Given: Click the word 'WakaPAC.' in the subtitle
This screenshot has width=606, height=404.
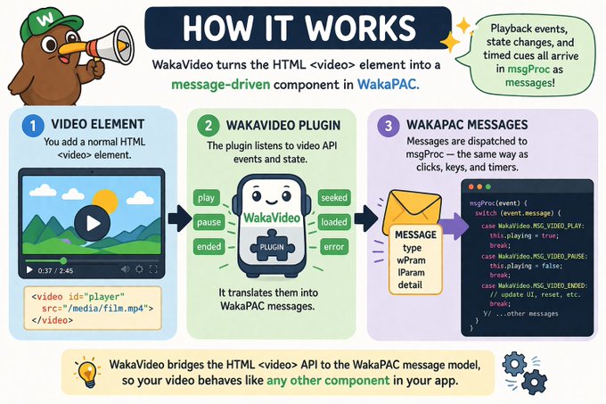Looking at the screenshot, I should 389,87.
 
